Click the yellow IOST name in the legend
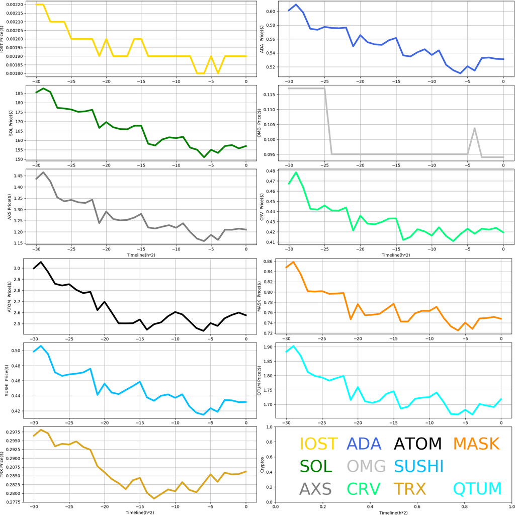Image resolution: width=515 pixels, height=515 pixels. pos(318,444)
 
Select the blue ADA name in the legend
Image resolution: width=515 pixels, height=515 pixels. pos(364,444)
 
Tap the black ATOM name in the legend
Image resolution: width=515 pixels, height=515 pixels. pos(417,444)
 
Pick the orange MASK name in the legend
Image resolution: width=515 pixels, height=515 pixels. pos(476,444)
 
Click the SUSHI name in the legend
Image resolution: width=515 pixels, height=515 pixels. pos(418,466)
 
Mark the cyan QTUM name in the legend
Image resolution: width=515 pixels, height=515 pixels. pos(477,488)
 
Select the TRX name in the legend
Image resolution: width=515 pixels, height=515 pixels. pos(409,488)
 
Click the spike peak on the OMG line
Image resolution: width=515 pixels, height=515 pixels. pos(475,128)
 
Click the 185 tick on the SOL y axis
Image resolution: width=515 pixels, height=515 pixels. pos(22,94)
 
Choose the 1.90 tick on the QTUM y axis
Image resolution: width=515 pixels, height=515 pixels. pos(268,347)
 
